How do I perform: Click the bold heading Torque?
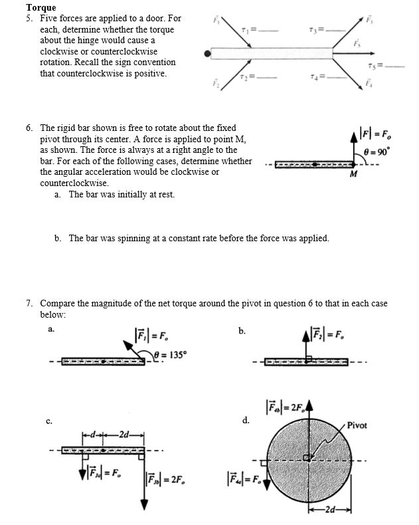(41, 7)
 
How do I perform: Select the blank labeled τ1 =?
(254, 31)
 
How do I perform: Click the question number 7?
(29, 304)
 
